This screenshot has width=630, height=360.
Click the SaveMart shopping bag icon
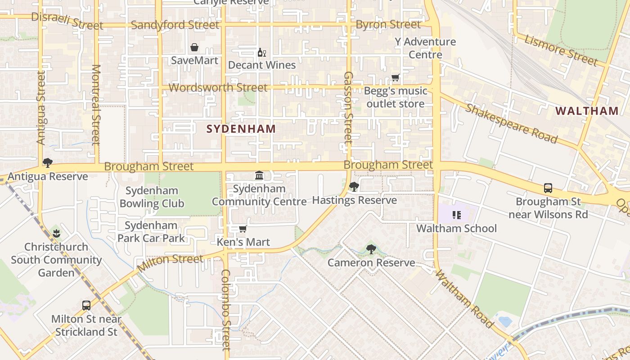[x=194, y=47]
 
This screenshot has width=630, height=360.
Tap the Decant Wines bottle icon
[x=261, y=53]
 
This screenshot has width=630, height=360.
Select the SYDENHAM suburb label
[x=241, y=129]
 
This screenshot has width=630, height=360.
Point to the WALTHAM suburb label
[x=587, y=111]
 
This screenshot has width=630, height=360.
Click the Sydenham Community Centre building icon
[x=259, y=175]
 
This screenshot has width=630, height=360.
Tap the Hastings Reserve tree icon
[x=354, y=186]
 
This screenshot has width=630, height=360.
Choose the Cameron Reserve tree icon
[x=371, y=249]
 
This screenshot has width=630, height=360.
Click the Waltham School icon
[x=457, y=215]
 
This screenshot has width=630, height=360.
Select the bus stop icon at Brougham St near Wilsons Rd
[x=548, y=188]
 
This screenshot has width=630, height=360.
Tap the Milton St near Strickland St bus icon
[x=86, y=305]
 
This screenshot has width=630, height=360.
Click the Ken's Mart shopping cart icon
[x=243, y=229]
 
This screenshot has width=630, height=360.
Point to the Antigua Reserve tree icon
[x=47, y=163]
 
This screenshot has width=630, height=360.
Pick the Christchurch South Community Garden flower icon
[x=56, y=233]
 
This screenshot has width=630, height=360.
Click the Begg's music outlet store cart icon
[x=396, y=77]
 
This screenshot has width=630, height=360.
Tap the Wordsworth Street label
[x=218, y=87]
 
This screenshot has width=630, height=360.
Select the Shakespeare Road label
[x=511, y=123]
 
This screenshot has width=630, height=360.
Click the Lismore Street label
[x=561, y=50]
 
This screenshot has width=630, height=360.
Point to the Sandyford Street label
[x=175, y=25]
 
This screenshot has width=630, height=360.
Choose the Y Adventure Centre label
[x=425, y=48]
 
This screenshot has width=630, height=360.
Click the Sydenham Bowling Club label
[x=152, y=197]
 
